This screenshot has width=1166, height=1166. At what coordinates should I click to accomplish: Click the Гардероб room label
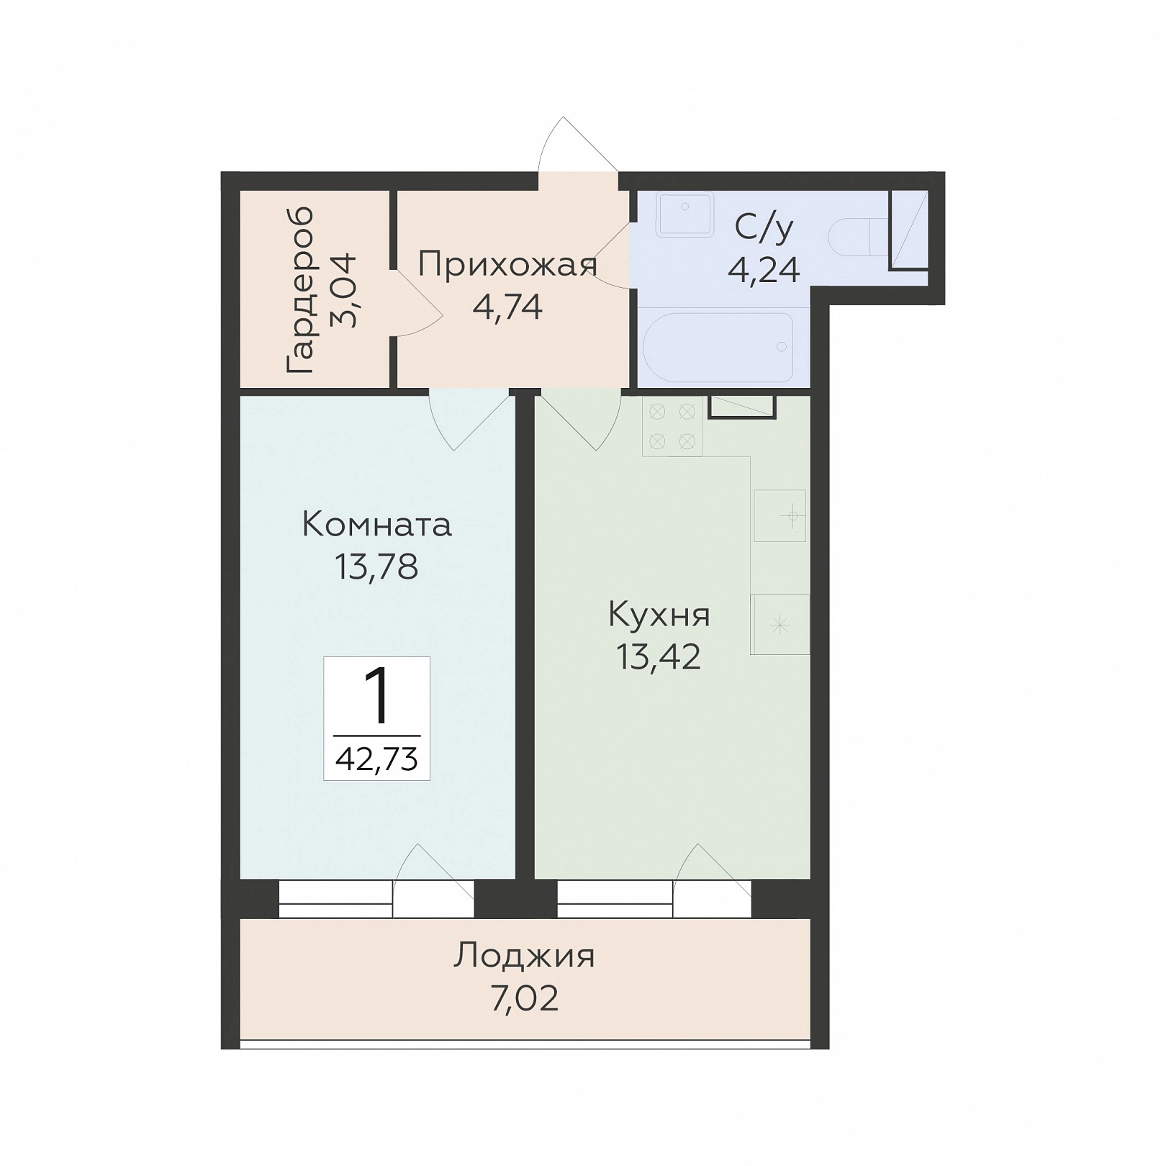[299, 290]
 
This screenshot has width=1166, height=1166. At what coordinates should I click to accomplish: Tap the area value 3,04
[343, 290]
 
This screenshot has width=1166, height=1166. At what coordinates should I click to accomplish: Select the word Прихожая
[508, 266]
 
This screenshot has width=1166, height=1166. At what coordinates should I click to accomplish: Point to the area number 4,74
[507, 307]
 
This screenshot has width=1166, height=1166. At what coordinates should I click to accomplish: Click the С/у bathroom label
[764, 227]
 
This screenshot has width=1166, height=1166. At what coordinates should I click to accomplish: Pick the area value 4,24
[764, 270]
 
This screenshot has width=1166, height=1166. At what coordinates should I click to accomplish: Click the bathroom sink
[684, 214]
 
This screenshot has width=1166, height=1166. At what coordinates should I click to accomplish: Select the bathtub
[717, 347]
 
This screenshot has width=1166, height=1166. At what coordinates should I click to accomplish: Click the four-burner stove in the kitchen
[672, 425]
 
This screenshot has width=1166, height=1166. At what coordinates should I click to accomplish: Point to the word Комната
[376, 524]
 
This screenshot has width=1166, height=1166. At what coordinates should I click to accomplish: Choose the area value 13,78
[376, 566]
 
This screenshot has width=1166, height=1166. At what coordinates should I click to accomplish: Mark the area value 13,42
[659, 656]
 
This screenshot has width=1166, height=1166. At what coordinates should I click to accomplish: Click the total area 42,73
[377, 759]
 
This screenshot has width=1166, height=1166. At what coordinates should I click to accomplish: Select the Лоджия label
[524, 957]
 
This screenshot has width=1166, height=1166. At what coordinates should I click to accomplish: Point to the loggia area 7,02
[525, 999]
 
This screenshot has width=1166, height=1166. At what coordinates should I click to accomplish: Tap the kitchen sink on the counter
[780, 516]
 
